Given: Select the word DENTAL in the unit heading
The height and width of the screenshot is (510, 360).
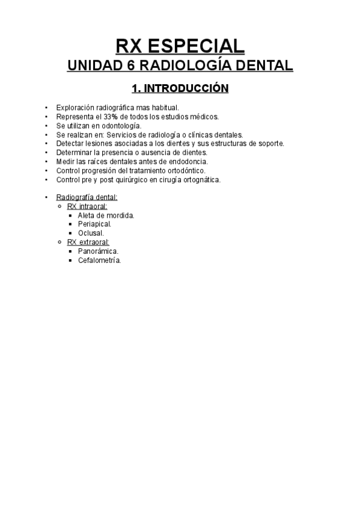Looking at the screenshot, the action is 263,66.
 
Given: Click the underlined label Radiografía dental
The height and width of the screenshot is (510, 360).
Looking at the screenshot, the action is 87,197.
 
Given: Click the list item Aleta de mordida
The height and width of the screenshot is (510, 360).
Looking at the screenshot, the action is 106,215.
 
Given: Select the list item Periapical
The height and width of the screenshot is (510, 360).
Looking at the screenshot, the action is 94,224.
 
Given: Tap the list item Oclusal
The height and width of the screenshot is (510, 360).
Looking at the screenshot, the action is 91,233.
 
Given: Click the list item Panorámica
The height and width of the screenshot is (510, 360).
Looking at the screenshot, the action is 98,251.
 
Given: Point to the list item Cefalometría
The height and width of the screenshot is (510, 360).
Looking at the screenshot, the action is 99,260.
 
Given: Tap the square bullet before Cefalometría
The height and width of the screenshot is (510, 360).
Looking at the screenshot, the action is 71,260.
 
